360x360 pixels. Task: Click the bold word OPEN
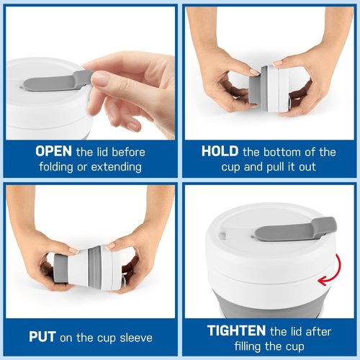[53, 151]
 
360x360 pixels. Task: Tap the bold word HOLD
[220, 151]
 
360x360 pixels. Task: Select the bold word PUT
[42, 337]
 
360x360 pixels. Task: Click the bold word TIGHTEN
[236, 330]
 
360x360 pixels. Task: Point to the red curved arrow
[337, 271]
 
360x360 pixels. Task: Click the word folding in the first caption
[56, 167]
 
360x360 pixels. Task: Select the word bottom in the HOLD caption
[282, 152]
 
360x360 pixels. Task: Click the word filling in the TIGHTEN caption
[248, 347]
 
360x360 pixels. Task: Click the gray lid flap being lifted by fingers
[58, 81]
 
